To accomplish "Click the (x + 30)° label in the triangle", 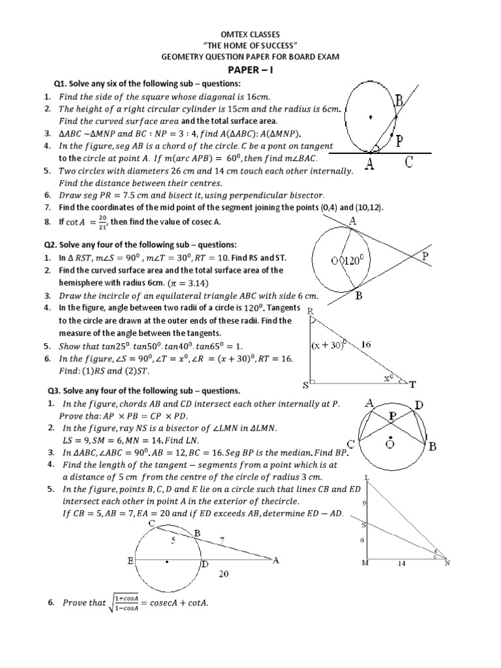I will [329, 345].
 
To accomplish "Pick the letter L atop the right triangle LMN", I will [367, 478].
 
